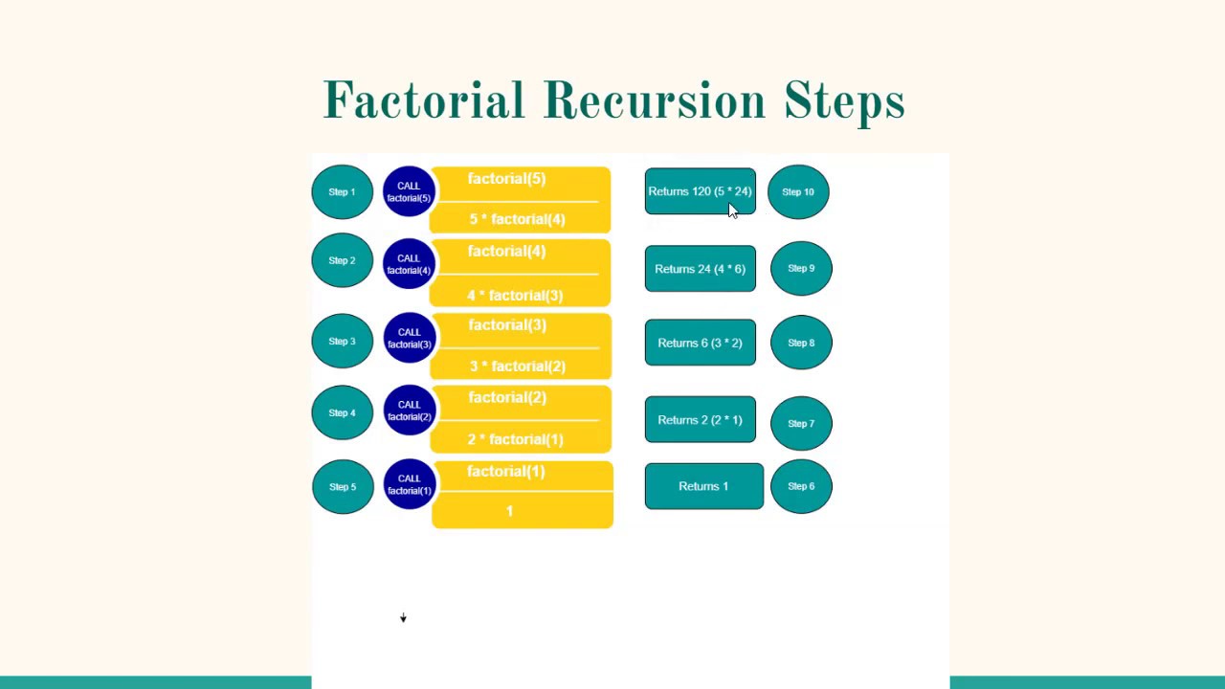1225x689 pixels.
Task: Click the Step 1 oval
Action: [x=342, y=192]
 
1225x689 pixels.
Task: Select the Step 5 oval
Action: [x=343, y=487]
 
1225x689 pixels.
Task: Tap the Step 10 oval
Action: [x=798, y=192]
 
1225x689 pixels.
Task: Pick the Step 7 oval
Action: [x=801, y=423]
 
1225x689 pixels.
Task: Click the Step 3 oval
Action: [x=342, y=342]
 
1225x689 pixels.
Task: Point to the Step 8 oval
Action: [x=801, y=343]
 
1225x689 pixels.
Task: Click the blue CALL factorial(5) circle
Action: [x=409, y=192]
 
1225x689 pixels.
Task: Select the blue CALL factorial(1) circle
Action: [x=410, y=484]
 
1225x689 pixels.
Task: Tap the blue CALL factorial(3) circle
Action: [x=409, y=338]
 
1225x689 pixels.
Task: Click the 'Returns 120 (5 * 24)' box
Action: [x=700, y=191]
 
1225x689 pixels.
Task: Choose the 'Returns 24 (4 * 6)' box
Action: [x=700, y=269]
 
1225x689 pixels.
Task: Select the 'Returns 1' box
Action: [x=703, y=486]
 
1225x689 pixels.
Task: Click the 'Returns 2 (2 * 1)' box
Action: [x=700, y=420]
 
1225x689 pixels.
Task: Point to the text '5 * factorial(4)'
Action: [x=517, y=219]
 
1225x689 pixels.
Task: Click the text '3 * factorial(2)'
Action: [x=517, y=366]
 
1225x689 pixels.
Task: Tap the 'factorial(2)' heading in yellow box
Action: [x=507, y=397]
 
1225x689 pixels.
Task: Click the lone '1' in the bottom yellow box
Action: [x=510, y=511]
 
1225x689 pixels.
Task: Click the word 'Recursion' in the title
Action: [x=655, y=101]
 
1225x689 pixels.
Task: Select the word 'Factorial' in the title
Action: [x=424, y=101]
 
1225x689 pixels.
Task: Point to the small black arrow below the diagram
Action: [x=403, y=618]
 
